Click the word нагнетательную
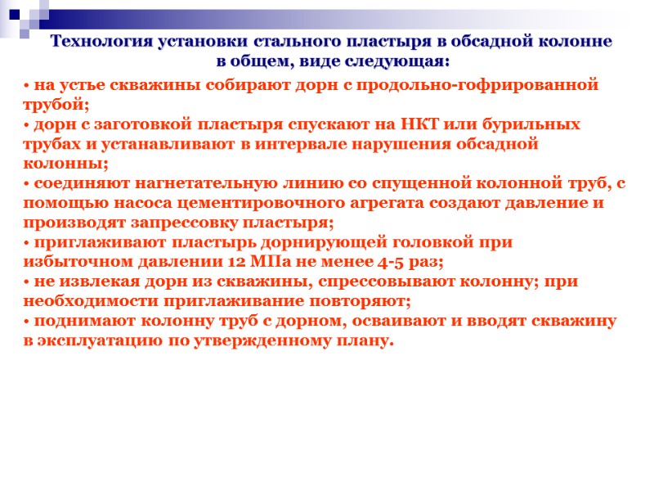click(169, 183)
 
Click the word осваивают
click(397, 321)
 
